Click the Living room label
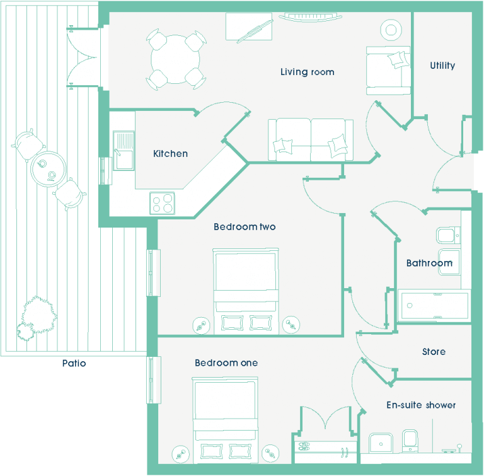tap(307, 72)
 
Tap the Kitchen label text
tap(170, 154)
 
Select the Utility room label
tap(442, 66)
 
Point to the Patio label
tap(74, 363)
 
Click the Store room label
tap(434, 352)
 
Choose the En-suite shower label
tap(421, 405)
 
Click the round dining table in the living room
tap(175, 59)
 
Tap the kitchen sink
tap(124, 151)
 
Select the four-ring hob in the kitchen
tap(163, 203)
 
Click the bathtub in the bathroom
tap(435, 306)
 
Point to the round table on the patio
tap(48, 169)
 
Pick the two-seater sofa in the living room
tap(311, 139)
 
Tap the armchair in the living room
tap(388, 71)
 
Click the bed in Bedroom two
tap(246, 291)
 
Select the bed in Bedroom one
tap(225, 420)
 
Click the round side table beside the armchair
tap(391, 30)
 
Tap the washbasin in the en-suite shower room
tap(381, 443)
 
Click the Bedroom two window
tap(153, 273)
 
